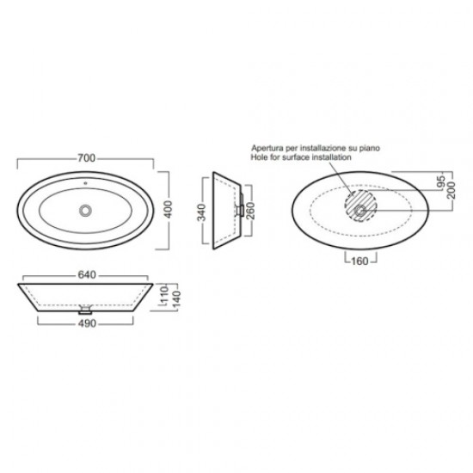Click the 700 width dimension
click(87, 157)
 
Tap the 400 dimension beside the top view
click(167, 209)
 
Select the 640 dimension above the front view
click(87, 275)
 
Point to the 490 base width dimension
click(87, 323)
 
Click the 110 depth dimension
click(163, 295)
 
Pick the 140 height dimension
click(175, 299)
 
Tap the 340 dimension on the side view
click(201, 212)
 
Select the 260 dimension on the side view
click(250, 211)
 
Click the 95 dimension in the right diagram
click(441, 181)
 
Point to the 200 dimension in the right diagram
click(451, 190)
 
